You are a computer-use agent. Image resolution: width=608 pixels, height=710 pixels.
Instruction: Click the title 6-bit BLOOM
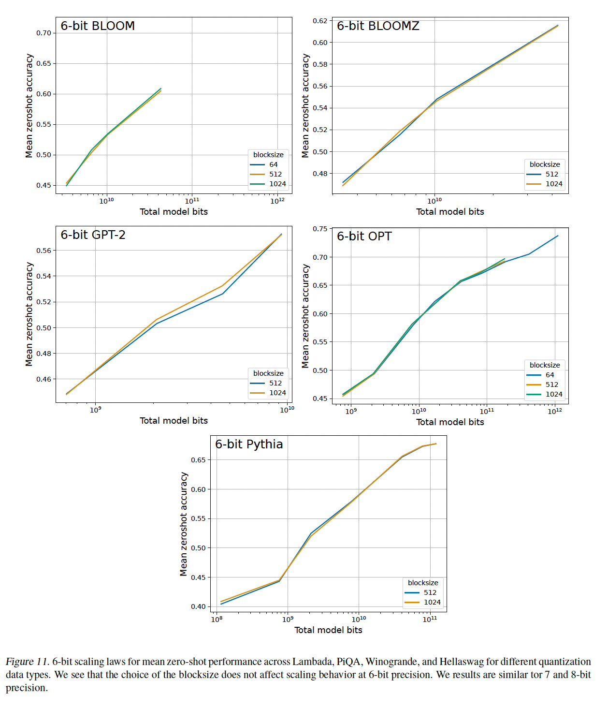point(97,26)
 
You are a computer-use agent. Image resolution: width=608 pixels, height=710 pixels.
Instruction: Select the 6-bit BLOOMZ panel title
point(377,26)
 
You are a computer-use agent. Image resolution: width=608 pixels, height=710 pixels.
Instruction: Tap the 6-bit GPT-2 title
point(93,235)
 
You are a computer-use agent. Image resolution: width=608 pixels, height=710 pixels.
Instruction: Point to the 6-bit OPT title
point(364,237)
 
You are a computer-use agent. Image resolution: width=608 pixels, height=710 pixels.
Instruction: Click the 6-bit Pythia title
point(249,444)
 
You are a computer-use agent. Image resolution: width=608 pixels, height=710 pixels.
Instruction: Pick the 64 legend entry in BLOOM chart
point(273,164)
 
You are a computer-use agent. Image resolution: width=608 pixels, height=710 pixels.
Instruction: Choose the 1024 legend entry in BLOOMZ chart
point(553,184)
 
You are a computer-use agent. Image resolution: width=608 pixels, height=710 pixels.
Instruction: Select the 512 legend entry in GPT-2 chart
point(275,383)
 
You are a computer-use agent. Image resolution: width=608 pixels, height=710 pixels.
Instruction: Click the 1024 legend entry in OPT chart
point(553,394)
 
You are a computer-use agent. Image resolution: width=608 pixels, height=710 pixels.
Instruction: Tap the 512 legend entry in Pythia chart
point(430,592)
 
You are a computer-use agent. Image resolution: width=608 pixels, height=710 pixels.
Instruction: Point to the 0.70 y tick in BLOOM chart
point(43,33)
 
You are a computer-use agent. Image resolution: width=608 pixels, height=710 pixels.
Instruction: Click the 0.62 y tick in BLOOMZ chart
point(320,21)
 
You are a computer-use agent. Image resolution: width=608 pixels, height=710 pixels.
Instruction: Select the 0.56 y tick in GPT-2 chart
point(43,251)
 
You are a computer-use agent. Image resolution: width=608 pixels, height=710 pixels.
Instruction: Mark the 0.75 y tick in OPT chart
point(320,229)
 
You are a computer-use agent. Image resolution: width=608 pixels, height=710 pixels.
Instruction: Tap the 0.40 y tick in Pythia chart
point(198,606)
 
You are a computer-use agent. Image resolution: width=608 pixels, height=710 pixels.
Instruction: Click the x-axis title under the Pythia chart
point(328,630)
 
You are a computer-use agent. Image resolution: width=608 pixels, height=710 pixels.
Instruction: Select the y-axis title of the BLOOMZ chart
point(305,105)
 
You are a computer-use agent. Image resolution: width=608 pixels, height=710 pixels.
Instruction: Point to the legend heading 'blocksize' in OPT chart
point(545,365)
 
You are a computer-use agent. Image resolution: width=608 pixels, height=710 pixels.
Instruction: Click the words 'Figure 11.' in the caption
point(28,662)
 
